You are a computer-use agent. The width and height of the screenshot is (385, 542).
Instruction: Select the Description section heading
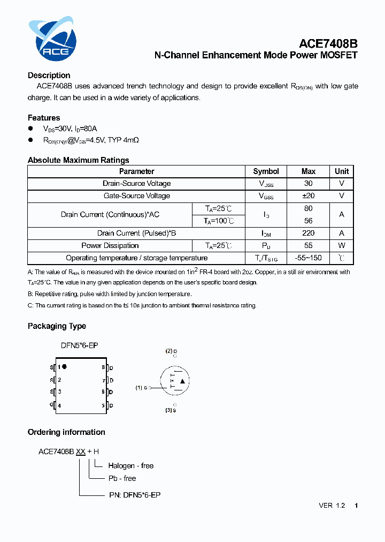click(49, 76)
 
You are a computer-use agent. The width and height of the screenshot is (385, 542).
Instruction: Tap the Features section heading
click(44, 118)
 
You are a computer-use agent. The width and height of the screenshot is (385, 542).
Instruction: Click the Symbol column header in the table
click(266, 171)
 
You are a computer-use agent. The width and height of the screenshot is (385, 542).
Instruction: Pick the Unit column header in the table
click(342, 171)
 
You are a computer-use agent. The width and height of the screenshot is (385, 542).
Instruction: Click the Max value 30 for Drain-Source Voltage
click(309, 184)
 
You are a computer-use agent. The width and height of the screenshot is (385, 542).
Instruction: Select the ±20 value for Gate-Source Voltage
click(309, 196)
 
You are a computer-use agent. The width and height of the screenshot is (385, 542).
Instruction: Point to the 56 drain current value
click(309, 221)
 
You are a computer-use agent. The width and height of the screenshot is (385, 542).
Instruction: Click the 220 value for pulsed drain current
click(309, 234)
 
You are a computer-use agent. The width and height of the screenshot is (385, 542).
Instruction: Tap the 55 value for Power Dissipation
click(309, 246)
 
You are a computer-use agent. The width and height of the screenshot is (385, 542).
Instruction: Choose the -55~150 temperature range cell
click(309, 258)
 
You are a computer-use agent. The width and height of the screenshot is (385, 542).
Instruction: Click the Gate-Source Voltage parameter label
click(137, 196)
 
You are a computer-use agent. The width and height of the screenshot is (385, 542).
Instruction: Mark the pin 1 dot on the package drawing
click(65, 367)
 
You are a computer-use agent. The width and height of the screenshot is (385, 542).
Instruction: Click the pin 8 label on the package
click(103, 367)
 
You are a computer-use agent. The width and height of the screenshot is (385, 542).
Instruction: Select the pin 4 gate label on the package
click(59, 405)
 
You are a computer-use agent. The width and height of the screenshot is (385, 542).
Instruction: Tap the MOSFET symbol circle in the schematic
click(175, 381)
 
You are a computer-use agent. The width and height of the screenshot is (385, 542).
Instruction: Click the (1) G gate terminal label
click(142, 387)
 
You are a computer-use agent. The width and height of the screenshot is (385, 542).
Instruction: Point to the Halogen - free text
click(130, 466)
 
